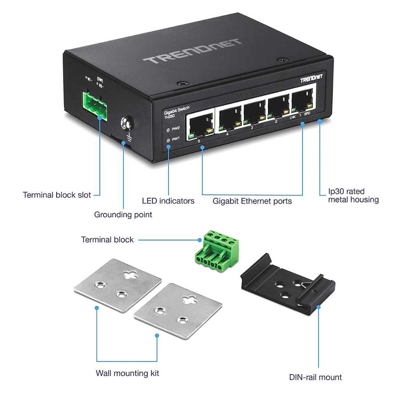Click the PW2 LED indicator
coord(169,130)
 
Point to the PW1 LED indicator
coord(169,140)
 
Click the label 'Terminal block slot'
coord(57,195)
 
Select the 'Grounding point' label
coord(123,214)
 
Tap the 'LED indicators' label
coord(168,201)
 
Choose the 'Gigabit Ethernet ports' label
coord(252,201)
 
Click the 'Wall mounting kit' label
coord(128,373)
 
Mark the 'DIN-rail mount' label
coord(315,377)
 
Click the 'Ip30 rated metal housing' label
coord(353,196)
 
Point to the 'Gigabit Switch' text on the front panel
coord(177,108)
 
